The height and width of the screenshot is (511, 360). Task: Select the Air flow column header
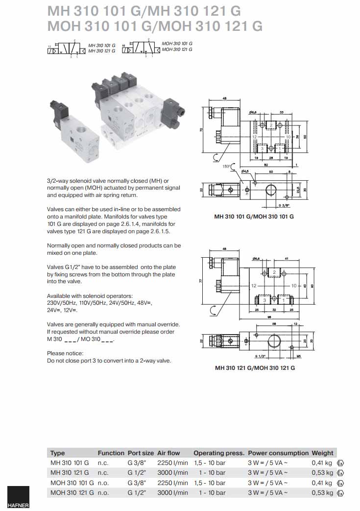(x=168, y=453)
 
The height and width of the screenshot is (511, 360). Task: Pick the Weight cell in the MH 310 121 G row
(x=322, y=473)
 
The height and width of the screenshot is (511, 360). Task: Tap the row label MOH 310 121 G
(x=72, y=492)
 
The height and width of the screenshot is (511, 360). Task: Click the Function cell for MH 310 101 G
(x=103, y=462)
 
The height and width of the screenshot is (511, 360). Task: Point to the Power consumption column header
(x=278, y=453)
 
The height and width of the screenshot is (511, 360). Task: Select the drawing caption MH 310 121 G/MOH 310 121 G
(x=255, y=367)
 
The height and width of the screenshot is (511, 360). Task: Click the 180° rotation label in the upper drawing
(x=226, y=167)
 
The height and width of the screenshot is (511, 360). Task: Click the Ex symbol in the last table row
(x=340, y=492)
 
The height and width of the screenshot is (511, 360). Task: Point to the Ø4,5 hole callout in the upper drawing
(x=245, y=171)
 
